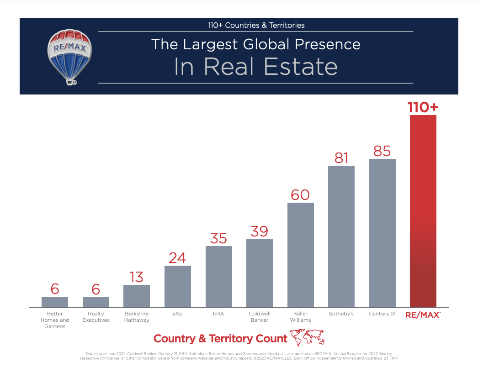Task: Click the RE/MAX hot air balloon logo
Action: point(70,56)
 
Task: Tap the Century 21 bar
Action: point(382,233)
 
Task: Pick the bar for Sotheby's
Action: point(341,236)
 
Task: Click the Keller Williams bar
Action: point(300,255)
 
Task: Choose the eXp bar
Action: point(177,286)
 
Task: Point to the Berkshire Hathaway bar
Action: point(137,296)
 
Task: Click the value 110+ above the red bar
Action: point(423,107)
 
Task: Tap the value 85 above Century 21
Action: point(382,151)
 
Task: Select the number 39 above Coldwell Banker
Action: point(259,231)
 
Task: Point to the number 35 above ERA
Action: point(218,238)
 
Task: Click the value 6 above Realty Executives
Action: point(96,289)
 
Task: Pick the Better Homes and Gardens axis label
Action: point(58,320)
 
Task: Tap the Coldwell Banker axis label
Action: point(259,317)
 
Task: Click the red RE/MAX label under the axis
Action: point(423,315)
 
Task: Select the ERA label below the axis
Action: point(218,314)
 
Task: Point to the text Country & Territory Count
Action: point(220,339)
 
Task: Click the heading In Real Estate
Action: point(255,67)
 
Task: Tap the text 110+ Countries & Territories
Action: point(256,25)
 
